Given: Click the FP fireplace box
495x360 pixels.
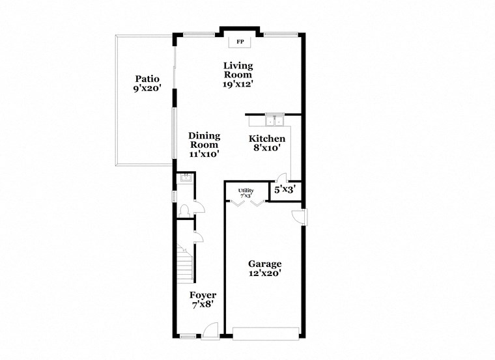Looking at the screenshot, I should pyautogui.click(x=240, y=42).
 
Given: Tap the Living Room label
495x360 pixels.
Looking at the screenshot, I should pyautogui.click(x=238, y=74).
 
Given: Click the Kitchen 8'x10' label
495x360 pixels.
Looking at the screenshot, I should pyautogui.click(x=267, y=143).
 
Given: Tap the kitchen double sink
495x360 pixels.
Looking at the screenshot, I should pyautogui.click(x=274, y=120).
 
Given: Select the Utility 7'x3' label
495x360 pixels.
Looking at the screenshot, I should pyautogui.click(x=246, y=193).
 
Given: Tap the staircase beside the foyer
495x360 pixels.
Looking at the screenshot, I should pyautogui.click(x=186, y=264).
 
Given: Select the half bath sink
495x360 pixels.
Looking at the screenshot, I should pyautogui.click(x=184, y=176).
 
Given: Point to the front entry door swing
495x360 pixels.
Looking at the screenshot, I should pyautogui.click(x=210, y=331).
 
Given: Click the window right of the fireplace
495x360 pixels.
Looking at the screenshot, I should pyautogui.click(x=281, y=33).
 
